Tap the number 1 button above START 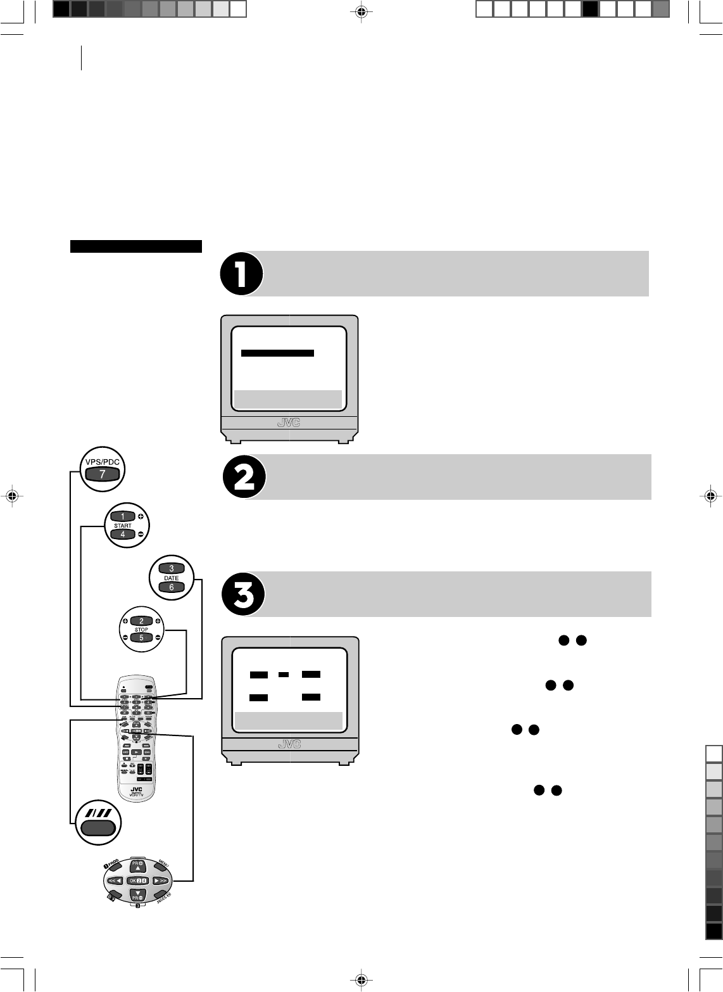click(x=123, y=516)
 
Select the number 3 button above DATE click(x=171, y=568)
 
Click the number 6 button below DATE click(x=171, y=587)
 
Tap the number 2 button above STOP click(x=141, y=621)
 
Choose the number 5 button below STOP click(x=141, y=638)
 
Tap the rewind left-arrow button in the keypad click(x=115, y=881)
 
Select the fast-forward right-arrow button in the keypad click(x=161, y=881)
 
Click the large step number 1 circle click(x=241, y=274)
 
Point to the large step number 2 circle click(x=244, y=477)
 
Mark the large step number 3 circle click(x=244, y=594)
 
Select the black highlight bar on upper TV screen click(x=278, y=353)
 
